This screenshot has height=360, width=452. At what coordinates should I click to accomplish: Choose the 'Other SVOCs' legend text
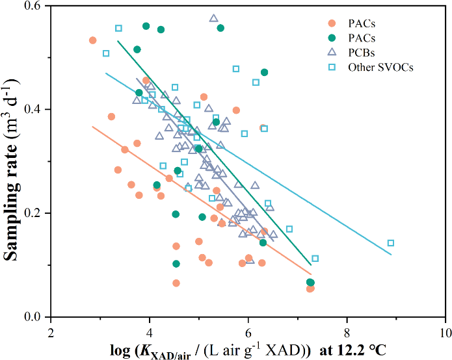click(380, 67)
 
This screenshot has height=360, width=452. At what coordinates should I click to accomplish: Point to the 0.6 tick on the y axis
click(33, 6)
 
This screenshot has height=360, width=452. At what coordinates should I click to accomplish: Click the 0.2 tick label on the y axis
click(33, 213)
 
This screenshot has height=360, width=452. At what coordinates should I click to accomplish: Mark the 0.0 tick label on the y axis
click(33, 317)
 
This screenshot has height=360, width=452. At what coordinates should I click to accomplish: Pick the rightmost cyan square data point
click(391, 243)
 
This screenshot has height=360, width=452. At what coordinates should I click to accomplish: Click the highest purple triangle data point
click(213, 18)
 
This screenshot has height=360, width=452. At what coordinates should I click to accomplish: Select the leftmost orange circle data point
click(92, 40)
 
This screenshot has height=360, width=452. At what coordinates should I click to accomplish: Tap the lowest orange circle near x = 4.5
click(176, 283)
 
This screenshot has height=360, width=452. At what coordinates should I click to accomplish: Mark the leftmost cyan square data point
click(106, 53)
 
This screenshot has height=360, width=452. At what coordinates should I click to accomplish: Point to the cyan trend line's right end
click(391, 255)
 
